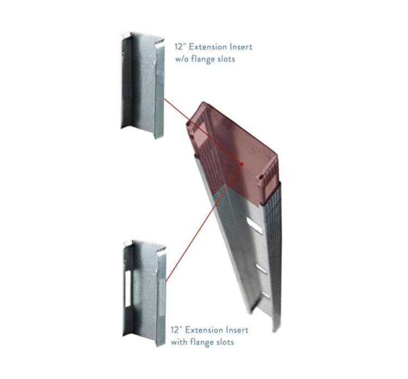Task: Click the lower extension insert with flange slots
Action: (x=144, y=291)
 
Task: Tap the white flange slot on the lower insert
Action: (x=129, y=285)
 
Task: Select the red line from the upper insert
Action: (x=201, y=131)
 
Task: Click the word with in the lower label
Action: (x=180, y=342)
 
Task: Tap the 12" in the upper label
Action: (x=178, y=47)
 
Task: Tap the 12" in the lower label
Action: (x=175, y=330)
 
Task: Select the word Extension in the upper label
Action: (x=206, y=47)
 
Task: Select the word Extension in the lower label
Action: (x=202, y=330)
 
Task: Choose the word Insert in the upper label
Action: (x=240, y=47)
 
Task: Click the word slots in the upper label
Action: (x=225, y=59)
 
